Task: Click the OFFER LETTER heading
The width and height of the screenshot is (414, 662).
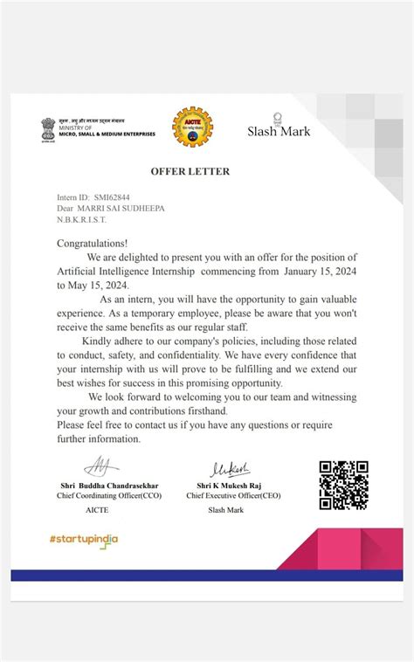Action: tap(190, 172)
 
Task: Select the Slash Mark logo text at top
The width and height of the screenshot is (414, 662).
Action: tap(278, 131)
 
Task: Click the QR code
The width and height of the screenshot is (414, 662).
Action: tap(342, 486)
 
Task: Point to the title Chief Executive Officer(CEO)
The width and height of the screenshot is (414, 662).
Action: tap(233, 495)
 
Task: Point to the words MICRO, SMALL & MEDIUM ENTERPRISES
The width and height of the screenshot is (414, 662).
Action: tap(107, 134)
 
